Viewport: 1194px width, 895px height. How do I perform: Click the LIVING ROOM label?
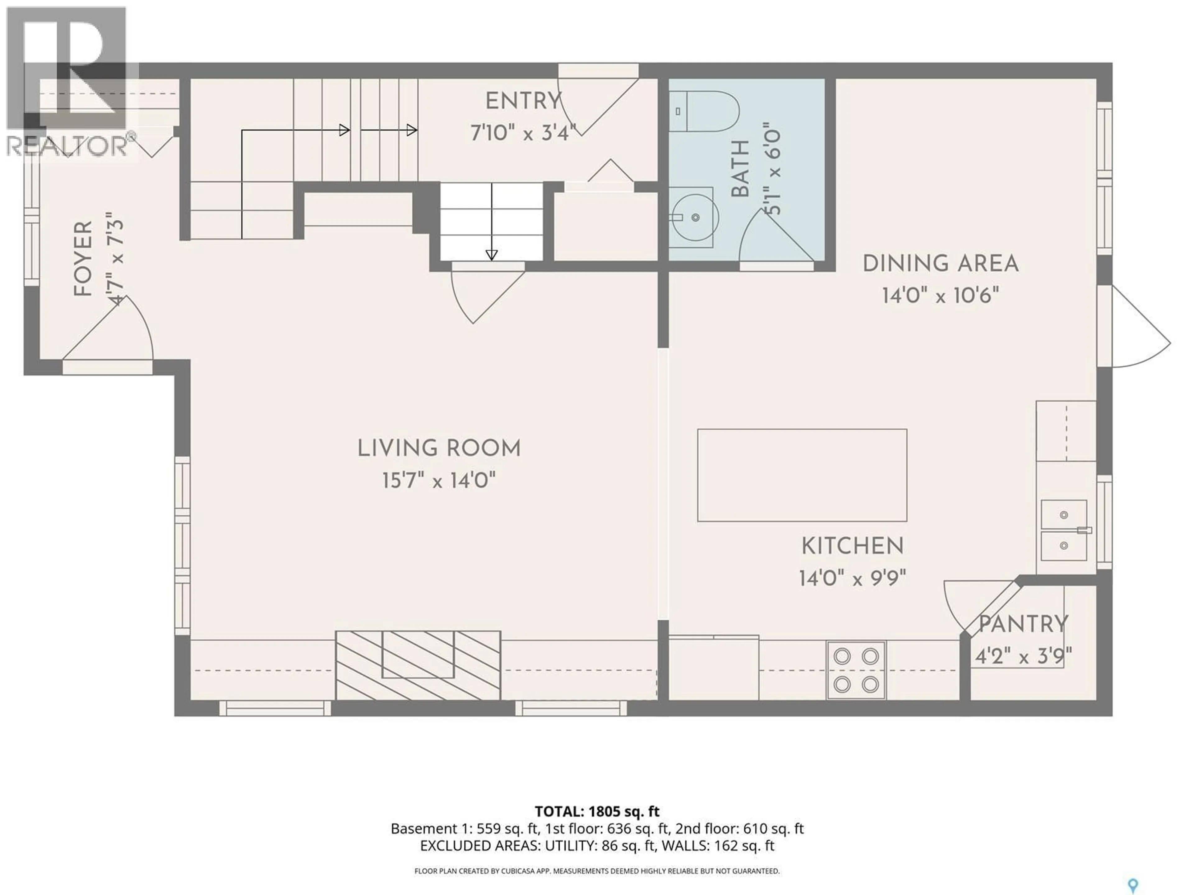[439, 449]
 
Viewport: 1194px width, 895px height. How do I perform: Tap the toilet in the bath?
[704, 112]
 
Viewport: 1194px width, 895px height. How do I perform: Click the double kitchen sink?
[1063, 530]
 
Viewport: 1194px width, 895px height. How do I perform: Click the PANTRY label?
[1023, 625]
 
